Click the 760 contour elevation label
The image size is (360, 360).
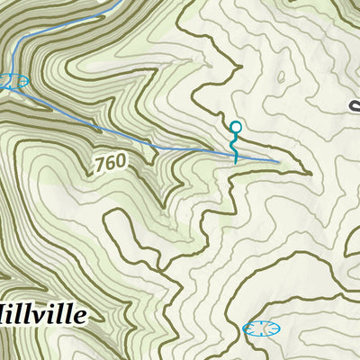click(109, 163)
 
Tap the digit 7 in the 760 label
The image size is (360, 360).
click(98, 166)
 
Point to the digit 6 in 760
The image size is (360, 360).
click(109, 163)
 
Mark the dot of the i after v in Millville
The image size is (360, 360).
click(59, 305)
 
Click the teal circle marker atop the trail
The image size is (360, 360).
click(236, 127)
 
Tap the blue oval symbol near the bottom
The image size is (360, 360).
click(262, 328)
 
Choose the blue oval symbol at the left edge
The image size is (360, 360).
click(13, 81)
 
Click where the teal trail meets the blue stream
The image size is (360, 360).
click(236, 157)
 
